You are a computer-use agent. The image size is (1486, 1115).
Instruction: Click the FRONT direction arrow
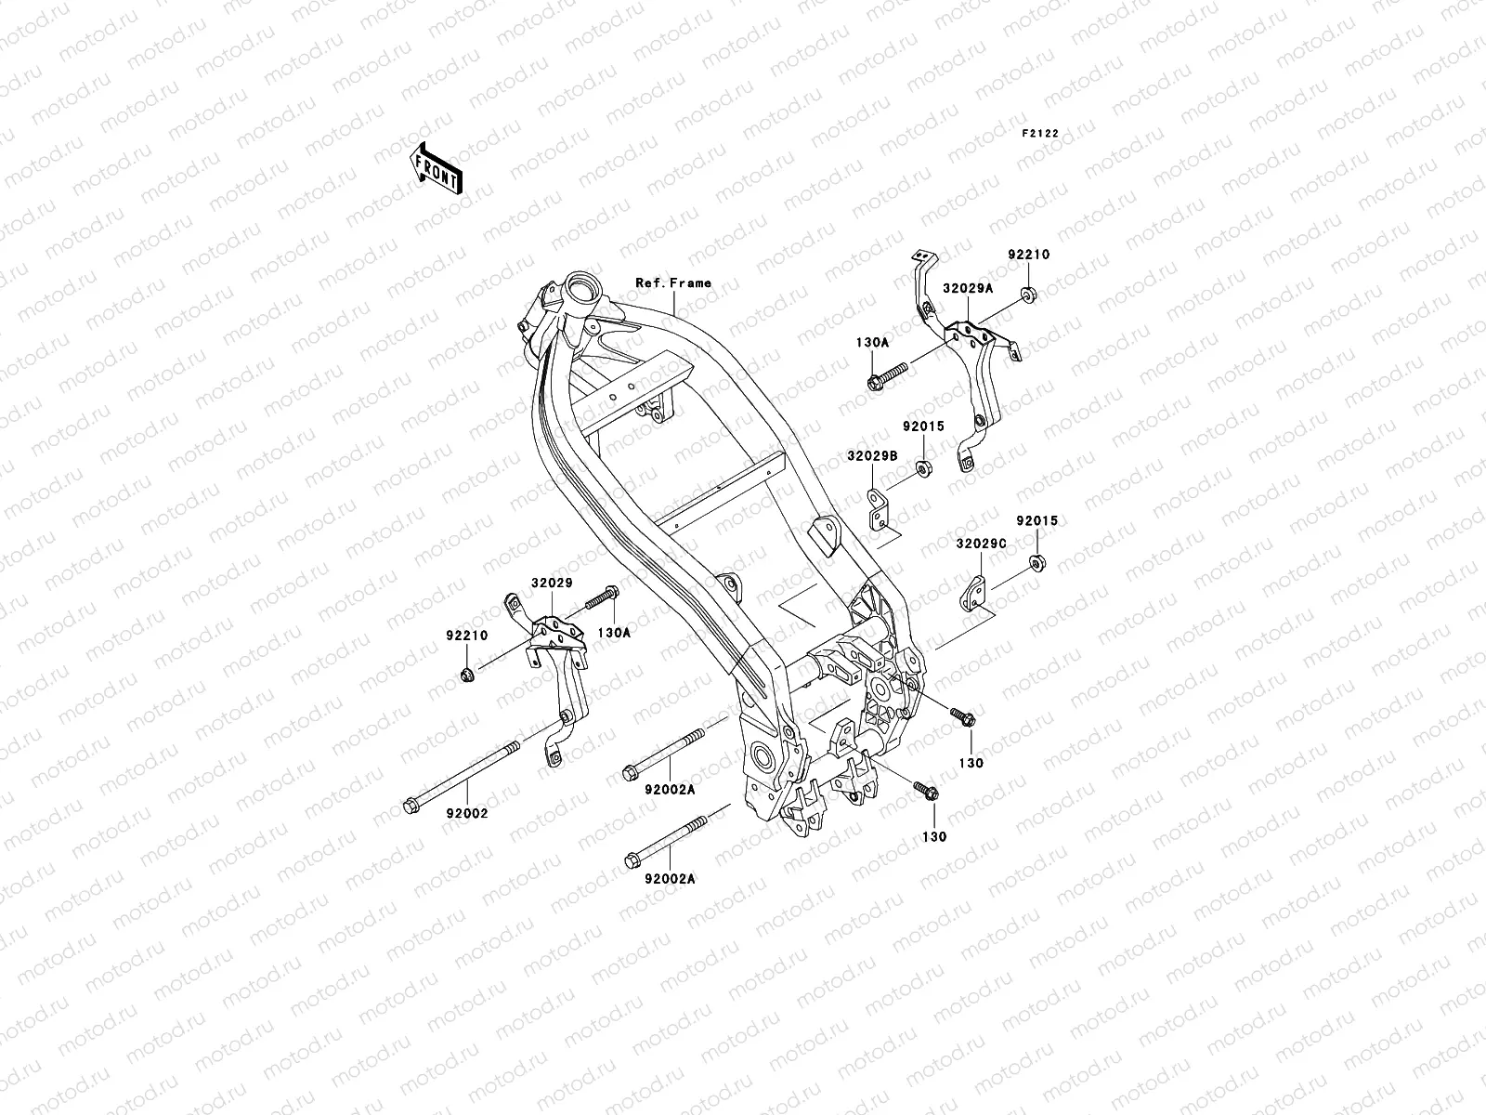450,167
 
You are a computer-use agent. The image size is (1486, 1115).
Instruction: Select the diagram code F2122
1040,133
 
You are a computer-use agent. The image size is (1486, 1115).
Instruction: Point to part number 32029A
969,288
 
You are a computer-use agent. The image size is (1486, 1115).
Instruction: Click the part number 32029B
871,456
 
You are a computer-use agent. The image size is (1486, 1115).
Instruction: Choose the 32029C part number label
980,543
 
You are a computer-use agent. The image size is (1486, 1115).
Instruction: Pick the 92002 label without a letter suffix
468,813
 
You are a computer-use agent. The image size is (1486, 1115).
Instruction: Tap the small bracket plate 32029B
875,509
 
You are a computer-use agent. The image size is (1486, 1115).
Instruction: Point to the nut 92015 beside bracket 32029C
1036,564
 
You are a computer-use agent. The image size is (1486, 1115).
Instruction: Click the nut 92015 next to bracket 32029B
924,467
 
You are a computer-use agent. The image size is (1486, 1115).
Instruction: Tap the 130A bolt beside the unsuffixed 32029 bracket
602,596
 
